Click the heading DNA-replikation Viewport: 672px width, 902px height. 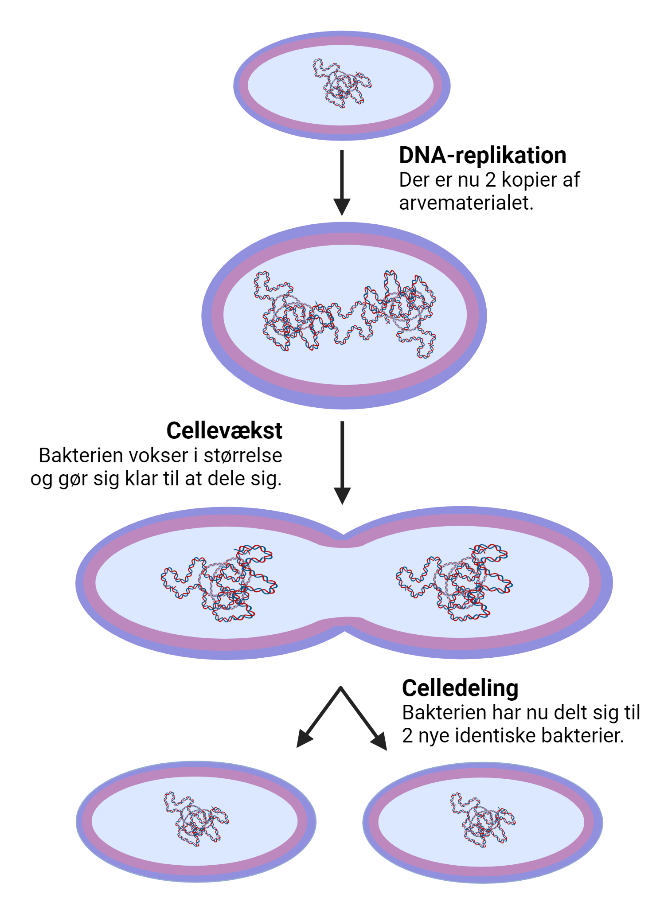(x=482, y=156)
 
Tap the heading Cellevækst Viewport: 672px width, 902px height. (x=224, y=430)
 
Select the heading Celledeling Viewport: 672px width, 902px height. (x=460, y=688)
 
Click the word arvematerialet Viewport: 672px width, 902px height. (x=465, y=203)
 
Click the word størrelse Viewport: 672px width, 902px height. (x=242, y=456)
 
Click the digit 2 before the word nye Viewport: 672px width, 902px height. (x=408, y=736)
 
